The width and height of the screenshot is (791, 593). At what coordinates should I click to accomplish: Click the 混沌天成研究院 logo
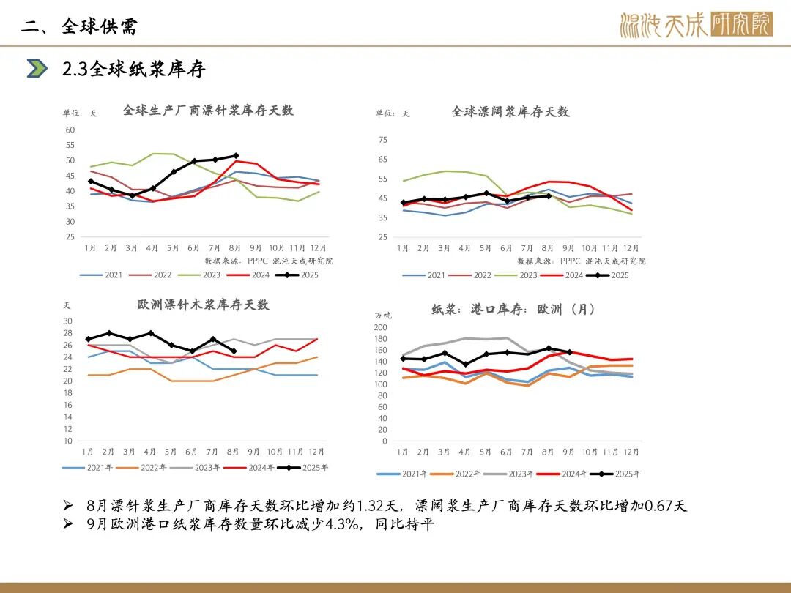(x=695, y=26)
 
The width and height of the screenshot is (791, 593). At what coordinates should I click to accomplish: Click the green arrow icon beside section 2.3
(x=37, y=68)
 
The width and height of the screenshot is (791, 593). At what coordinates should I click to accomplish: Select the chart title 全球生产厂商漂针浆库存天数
(x=208, y=111)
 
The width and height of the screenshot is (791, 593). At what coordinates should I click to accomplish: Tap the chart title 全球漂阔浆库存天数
(x=510, y=112)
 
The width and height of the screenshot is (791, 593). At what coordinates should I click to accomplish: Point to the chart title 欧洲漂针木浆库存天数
(x=203, y=305)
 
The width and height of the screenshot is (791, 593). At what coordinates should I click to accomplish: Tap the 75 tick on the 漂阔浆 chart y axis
(x=383, y=140)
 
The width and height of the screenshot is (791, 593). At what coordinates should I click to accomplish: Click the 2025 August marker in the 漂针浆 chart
(x=235, y=156)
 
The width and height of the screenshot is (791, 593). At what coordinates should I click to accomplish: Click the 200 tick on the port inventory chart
(x=381, y=327)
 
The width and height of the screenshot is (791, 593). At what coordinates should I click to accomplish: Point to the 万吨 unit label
(x=383, y=316)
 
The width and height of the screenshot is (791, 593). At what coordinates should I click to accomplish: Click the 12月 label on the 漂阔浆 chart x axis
(x=631, y=248)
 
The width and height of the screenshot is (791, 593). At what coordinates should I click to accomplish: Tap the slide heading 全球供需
(x=100, y=27)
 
